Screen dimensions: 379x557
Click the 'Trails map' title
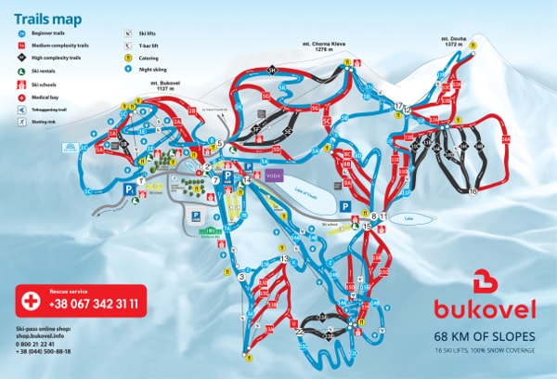tap(47, 18)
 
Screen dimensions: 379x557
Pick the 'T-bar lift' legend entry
tap(144, 44)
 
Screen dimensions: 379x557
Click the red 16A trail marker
tap(506, 138)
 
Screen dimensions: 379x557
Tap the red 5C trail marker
tap(326, 120)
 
